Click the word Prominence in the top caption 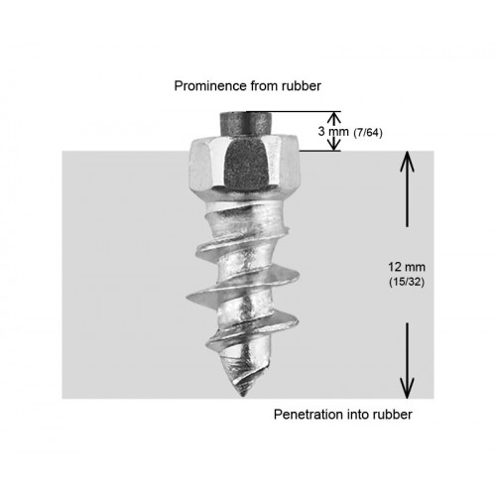210,86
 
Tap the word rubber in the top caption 302,86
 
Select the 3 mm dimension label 333,131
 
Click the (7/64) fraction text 368,133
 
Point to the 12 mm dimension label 407,267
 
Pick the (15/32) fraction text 407,282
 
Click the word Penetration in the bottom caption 305,415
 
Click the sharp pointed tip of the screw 243,395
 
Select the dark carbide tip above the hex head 246,124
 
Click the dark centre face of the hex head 246,164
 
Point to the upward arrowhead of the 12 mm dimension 407,162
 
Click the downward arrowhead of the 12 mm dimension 407,388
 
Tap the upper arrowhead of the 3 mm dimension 335,118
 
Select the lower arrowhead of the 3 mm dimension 335,145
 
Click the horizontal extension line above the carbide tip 294,111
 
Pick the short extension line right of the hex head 320,151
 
